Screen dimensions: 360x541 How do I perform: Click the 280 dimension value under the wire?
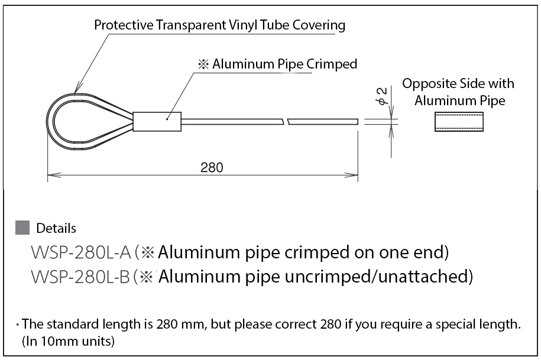pos(212,167)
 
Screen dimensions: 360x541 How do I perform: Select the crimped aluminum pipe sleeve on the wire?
pos(157,122)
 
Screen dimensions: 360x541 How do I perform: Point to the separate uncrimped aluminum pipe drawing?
pos(453,122)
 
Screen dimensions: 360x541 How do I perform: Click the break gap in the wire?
pos(286,122)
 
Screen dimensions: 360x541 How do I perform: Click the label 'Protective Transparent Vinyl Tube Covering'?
pos(219,25)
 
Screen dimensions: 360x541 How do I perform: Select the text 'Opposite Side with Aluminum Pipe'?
pos(459,92)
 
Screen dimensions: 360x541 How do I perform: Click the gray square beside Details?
pos(22,227)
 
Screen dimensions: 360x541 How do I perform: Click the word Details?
pos(56,228)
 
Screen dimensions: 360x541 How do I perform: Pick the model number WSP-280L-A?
pos(80,253)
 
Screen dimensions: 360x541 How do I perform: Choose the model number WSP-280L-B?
pos(80,276)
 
